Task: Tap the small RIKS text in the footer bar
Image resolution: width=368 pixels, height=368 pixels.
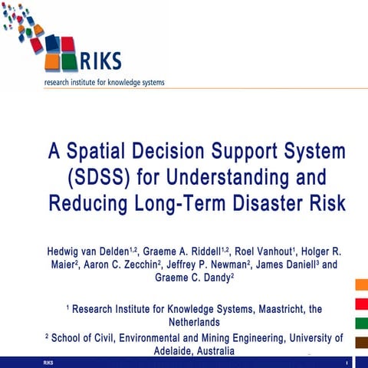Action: (49, 362)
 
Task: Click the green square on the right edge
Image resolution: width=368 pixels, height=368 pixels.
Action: (361, 322)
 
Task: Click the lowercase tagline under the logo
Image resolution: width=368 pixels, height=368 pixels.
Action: (103, 82)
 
